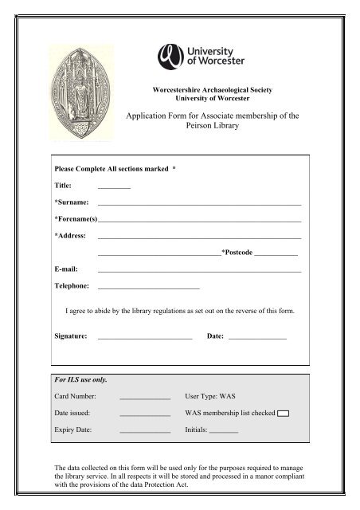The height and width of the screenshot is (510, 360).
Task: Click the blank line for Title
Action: coord(113,186)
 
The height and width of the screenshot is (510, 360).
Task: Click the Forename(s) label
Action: coord(74,219)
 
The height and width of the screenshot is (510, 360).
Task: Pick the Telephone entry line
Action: coord(148,287)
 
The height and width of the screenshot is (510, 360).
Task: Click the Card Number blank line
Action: coord(144,397)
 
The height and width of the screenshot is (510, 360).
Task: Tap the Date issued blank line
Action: coord(144,414)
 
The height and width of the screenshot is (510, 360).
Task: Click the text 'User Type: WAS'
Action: coord(210,396)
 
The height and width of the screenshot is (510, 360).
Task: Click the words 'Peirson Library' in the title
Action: coord(211,127)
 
